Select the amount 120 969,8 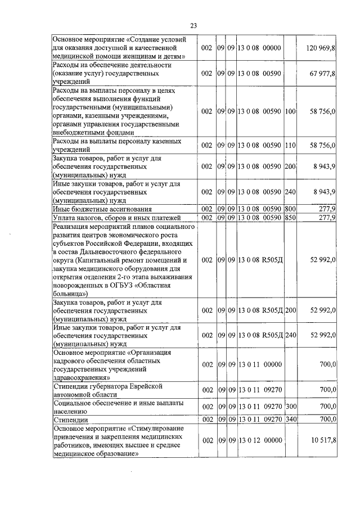coord(321,48)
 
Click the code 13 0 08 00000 coord(259,48)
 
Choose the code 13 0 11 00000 coord(259,364)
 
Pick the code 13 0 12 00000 coord(259,440)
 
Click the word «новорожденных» coord(80,285)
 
